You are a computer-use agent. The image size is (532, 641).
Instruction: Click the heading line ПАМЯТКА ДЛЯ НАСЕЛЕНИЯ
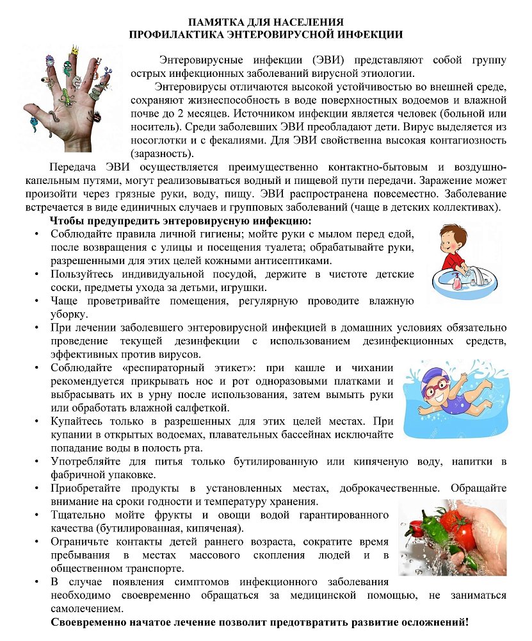click(x=266, y=23)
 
